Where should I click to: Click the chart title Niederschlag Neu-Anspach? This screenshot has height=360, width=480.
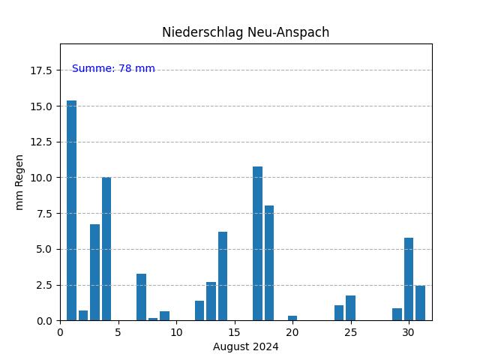[x=245, y=32]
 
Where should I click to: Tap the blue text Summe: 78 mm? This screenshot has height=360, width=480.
[x=113, y=69]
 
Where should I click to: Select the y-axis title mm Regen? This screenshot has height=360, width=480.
[x=19, y=182]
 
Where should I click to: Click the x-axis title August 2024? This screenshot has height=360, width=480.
[x=245, y=346]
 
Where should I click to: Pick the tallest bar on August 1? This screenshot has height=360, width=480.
[x=71, y=210]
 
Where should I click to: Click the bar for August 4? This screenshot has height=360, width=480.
[x=106, y=249]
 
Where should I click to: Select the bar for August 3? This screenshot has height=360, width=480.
[x=94, y=272]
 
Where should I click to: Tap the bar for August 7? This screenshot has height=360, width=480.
[x=141, y=297]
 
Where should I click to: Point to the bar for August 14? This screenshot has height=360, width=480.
[x=223, y=276]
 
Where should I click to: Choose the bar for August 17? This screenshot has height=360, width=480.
[x=257, y=244]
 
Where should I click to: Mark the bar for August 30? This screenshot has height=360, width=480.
[x=409, y=279]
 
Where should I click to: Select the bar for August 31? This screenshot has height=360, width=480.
[x=420, y=303]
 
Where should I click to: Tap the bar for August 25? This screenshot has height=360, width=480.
[x=350, y=308]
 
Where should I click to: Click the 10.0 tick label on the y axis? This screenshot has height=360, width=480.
[x=41, y=178]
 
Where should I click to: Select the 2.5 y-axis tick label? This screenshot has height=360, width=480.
[x=43, y=285]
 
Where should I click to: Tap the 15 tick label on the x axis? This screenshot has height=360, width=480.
[x=234, y=332]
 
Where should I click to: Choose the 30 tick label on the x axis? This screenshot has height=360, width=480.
[x=408, y=332]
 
